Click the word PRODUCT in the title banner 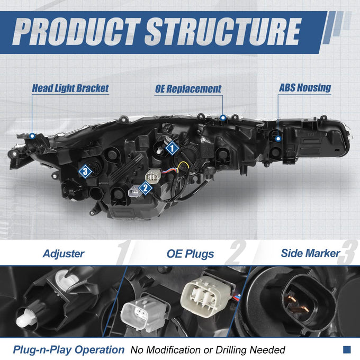(x=76, y=31)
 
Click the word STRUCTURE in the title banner (x=223, y=31)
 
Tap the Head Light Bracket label (x=70, y=88)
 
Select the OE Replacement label (x=188, y=89)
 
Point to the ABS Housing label (x=305, y=88)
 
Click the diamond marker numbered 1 (x=172, y=148)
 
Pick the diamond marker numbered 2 (x=146, y=188)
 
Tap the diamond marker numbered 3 (x=85, y=172)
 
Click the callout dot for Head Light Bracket (x=32, y=136)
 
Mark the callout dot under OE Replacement (x=223, y=118)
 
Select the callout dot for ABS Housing (x=278, y=139)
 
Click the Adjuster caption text (x=64, y=254)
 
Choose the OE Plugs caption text (x=191, y=254)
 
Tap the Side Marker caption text (x=310, y=253)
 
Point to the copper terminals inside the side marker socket (x=297, y=303)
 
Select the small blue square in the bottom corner (x=347, y=349)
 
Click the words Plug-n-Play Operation (x=69, y=350)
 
